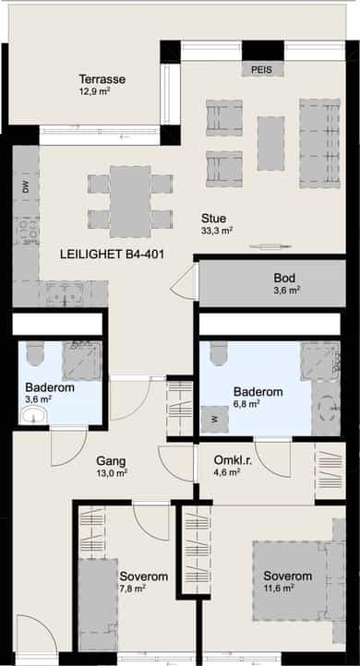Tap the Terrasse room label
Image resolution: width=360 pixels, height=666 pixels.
click(x=102, y=79)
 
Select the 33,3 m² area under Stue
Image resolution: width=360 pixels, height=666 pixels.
click(x=217, y=231)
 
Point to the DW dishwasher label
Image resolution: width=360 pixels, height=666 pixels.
click(x=27, y=187)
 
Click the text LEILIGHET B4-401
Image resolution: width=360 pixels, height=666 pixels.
click(x=113, y=255)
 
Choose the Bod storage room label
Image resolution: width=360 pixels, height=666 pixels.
click(x=284, y=279)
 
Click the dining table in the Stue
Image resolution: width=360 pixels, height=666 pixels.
click(x=130, y=201)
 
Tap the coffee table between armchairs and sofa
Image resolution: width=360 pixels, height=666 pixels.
click(x=270, y=144)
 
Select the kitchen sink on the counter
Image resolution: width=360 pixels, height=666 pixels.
click(x=66, y=293)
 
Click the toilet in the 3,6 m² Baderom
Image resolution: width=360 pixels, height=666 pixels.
click(x=35, y=354)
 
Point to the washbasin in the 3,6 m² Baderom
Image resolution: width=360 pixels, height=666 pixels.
click(x=34, y=414)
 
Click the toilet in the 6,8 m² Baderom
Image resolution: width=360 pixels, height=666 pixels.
click(x=219, y=354)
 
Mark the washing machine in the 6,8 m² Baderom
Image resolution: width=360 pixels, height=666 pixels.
click(x=215, y=419)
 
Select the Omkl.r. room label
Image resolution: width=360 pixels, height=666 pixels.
click(x=233, y=460)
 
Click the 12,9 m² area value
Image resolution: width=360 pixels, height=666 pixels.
click(x=95, y=90)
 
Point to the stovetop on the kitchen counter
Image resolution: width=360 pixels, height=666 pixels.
click(x=27, y=231)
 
